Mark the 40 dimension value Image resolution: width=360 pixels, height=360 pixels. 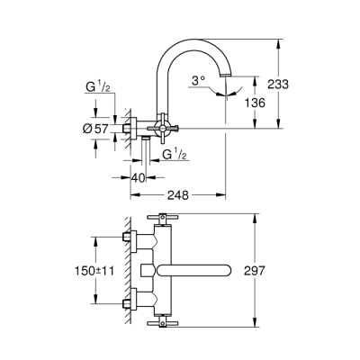point(137,176)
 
